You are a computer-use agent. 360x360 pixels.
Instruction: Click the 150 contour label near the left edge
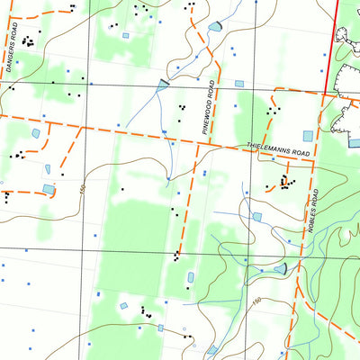tap(81, 191)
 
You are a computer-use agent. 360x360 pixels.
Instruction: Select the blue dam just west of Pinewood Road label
tap(163, 85)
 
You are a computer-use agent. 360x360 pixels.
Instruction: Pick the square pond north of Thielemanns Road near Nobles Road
tap(308, 136)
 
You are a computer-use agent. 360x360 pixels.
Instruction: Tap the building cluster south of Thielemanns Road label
tap(286, 183)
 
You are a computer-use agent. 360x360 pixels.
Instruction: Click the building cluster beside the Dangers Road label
tap(29, 40)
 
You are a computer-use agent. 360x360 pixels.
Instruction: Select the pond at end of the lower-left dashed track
tap(49, 189)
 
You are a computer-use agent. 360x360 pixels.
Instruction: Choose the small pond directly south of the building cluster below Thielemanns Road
tap(257, 217)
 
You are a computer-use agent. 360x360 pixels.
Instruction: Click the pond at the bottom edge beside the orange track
tap(212, 349)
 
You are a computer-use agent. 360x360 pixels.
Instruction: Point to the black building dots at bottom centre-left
tap(144, 312)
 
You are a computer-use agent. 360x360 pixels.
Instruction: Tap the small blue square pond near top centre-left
tap(125, 36)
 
